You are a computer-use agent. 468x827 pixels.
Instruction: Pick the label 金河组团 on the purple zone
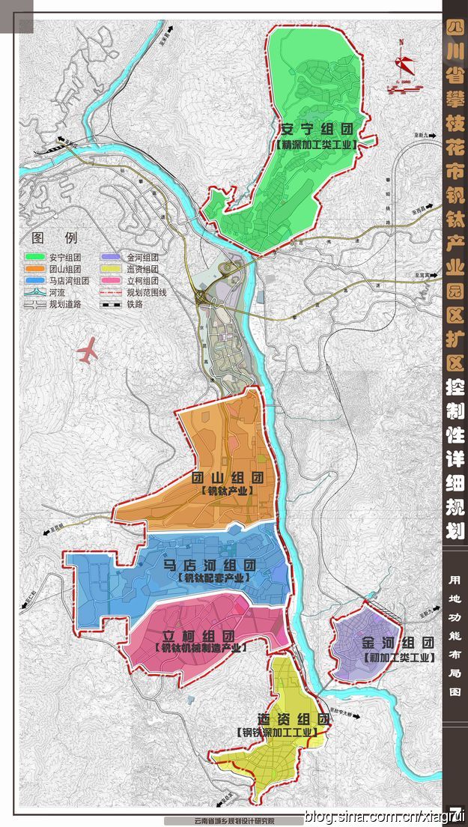coord(398,643)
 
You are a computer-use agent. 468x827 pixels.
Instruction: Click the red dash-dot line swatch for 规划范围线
coord(112,293)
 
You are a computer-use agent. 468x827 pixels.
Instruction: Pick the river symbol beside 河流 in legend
coord(35,293)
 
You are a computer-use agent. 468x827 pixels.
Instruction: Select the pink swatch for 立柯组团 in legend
coord(112,281)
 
